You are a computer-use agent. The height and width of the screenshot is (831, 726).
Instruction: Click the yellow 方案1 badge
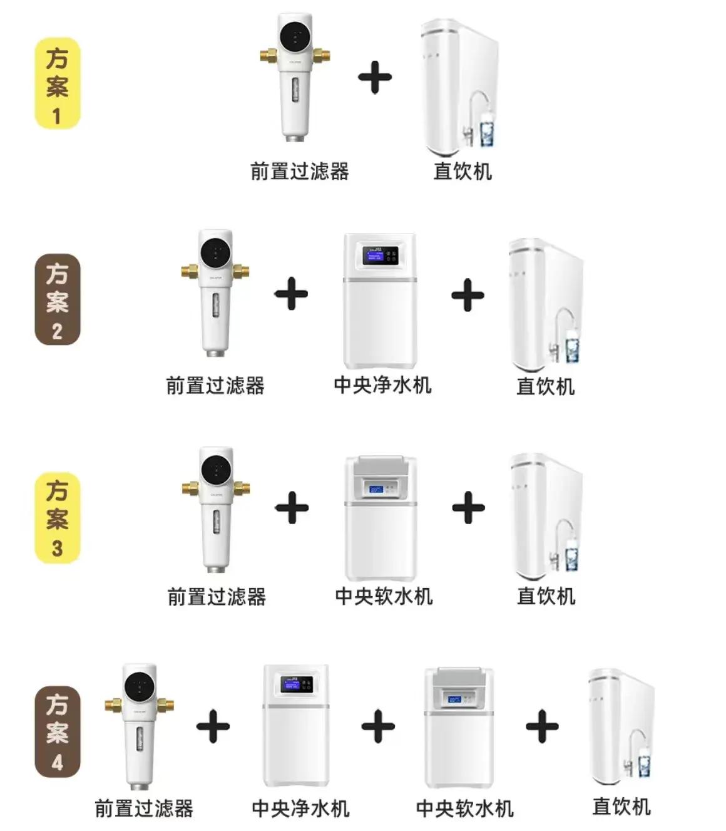click(57, 84)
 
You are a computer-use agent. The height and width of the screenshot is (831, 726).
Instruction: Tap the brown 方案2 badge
click(57, 300)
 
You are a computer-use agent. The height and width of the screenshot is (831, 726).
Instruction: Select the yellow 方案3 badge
click(57, 517)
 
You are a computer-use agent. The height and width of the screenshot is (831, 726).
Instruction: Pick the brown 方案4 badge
click(57, 732)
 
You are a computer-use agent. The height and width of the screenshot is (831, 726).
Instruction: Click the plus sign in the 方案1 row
click(374, 77)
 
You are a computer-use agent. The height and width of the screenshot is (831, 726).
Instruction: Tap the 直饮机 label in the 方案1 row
click(463, 171)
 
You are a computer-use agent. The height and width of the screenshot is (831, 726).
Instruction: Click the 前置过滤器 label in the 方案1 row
click(300, 171)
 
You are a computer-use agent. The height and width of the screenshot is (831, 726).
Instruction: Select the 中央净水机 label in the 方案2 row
click(382, 385)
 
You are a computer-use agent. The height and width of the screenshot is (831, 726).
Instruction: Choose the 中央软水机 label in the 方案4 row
click(465, 808)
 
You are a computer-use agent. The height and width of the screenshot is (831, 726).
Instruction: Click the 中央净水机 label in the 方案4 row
click(300, 808)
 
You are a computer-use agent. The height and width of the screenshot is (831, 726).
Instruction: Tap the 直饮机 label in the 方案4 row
click(621, 807)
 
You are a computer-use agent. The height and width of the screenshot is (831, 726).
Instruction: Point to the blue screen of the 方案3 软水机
click(376, 489)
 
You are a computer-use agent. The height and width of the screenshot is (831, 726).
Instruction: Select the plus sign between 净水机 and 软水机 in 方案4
click(378, 726)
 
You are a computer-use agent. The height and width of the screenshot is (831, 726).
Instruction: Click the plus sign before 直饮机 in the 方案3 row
click(468, 507)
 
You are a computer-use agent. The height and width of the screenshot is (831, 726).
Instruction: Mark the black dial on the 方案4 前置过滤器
click(140, 686)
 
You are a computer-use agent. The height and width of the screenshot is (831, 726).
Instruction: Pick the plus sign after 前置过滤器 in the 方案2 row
click(291, 294)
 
